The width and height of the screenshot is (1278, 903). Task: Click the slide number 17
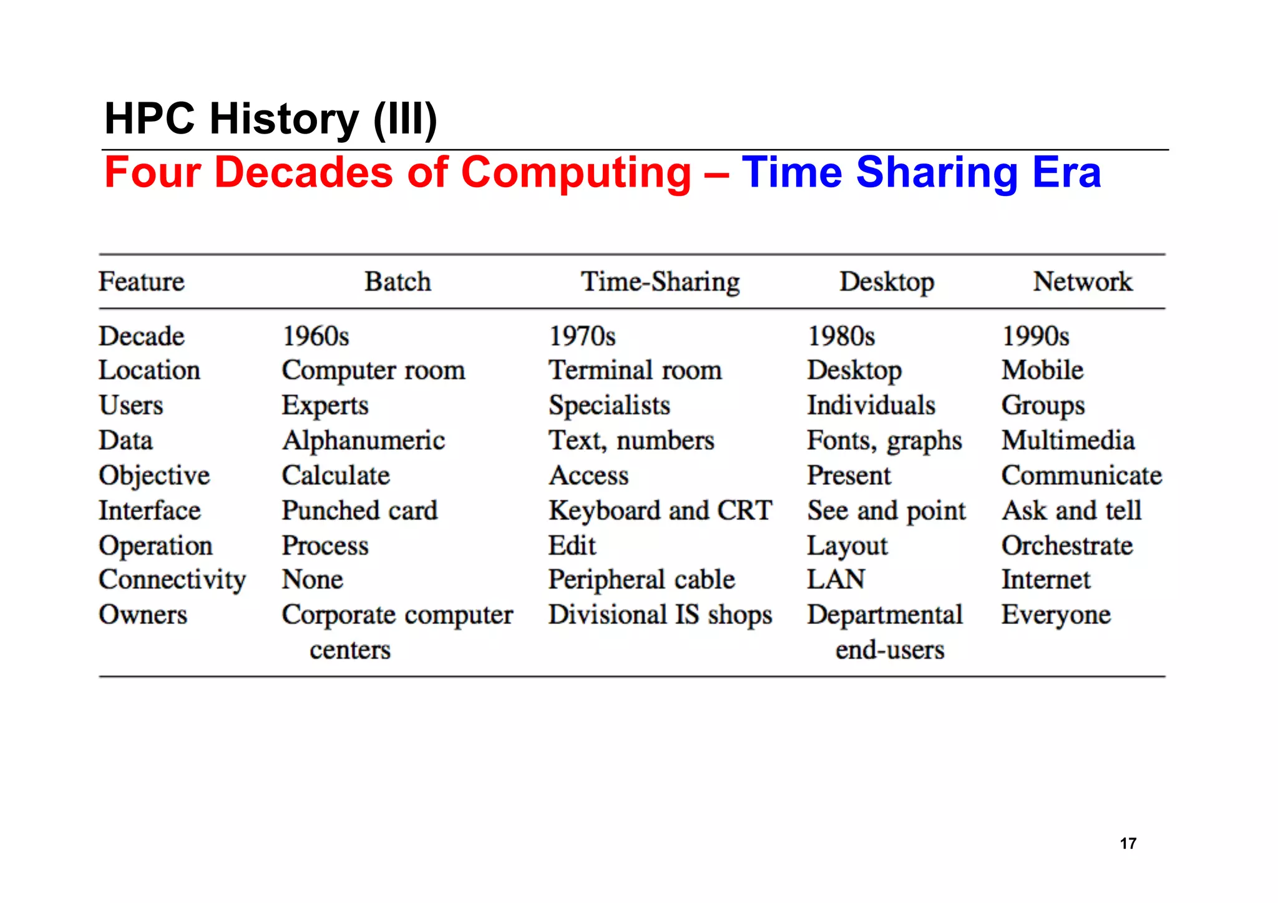1128,843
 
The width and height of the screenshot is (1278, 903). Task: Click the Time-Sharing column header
660,282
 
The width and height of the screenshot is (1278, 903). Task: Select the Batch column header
398,281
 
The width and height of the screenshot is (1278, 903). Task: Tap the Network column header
1082,281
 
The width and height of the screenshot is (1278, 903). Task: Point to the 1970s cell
582,336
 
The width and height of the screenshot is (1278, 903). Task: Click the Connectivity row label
172,580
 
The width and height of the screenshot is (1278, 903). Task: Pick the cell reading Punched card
359,510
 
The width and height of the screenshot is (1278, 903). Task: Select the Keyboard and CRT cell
660,510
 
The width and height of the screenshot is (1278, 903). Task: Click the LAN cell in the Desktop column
836,580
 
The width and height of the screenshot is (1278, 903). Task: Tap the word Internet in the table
1046,580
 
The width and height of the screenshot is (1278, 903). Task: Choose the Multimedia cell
1068,441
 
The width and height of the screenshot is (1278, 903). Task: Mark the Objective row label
154,476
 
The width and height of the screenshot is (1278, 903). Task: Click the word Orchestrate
1067,545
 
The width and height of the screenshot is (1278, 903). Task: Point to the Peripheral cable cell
641,580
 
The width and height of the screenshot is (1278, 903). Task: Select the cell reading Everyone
1056,615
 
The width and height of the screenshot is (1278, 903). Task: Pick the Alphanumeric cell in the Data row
363,441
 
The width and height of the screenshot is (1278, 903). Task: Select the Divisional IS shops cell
660,615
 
